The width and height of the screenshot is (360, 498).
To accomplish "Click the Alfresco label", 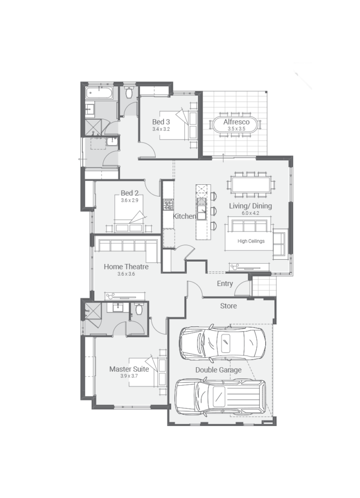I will click(236, 122).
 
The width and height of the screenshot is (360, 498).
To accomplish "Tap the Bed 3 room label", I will click(161, 122).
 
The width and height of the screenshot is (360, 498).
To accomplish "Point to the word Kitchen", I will click(184, 216).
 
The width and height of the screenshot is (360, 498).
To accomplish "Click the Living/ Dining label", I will click(251, 206).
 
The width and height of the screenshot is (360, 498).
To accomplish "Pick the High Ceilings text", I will click(251, 241).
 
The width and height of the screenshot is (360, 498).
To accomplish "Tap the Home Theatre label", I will click(126, 267).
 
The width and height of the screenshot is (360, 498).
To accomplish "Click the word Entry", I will click(225, 284).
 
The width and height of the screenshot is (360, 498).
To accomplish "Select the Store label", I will click(228, 306).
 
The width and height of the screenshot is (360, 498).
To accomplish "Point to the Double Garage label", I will click(218, 370).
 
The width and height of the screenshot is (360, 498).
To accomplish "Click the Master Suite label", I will click(129, 369).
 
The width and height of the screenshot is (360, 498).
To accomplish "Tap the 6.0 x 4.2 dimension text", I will click(251, 213).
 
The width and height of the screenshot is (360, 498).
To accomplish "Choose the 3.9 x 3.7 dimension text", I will click(129, 376).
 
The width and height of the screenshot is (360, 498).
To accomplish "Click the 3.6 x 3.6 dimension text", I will click(126, 274).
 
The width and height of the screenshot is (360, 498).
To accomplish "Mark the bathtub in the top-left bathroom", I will click(99, 93).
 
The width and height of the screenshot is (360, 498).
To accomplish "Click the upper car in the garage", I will click(222, 342).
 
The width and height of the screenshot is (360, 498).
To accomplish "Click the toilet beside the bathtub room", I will click(129, 92).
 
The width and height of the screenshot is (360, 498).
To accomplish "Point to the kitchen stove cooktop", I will click(168, 204).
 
